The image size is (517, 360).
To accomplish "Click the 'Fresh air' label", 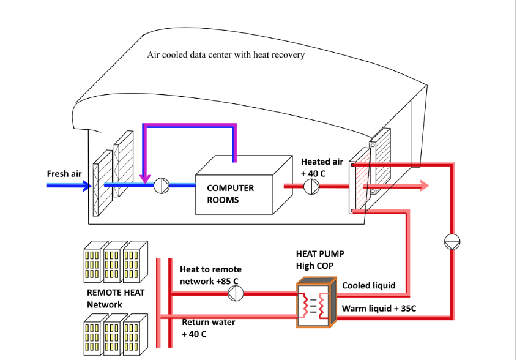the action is click(x=64, y=173).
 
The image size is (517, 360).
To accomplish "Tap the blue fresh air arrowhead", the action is click(x=87, y=186).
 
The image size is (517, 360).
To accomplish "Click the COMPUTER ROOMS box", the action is click(x=244, y=185).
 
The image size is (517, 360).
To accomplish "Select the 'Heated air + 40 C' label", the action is click(x=322, y=168).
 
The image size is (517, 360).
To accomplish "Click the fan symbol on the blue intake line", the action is click(x=162, y=186).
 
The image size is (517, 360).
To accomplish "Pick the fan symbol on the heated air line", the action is click(x=311, y=187).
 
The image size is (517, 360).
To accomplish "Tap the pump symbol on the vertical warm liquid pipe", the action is click(x=452, y=242).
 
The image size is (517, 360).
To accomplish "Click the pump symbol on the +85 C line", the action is click(x=236, y=293).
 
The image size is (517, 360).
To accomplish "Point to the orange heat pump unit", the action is click(x=316, y=302).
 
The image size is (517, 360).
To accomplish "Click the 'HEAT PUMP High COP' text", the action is click(x=320, y=260).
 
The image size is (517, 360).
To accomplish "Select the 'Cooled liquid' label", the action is click(x=368, y=285).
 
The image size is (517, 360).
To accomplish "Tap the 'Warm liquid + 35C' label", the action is click(x=379, y=309).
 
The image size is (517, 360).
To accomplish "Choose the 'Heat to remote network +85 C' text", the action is click(x=210, y=275).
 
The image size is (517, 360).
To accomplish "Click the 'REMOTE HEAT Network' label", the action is click(x=116, y=298).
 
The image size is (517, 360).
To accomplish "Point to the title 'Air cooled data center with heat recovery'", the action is click(x=226, y=54).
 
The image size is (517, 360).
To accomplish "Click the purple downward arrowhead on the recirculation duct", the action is click(x=144, y=179).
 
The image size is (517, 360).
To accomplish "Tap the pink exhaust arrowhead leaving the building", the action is click(x=425, y=186).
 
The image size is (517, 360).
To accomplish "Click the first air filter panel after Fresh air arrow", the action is click(x=103, y=183).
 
